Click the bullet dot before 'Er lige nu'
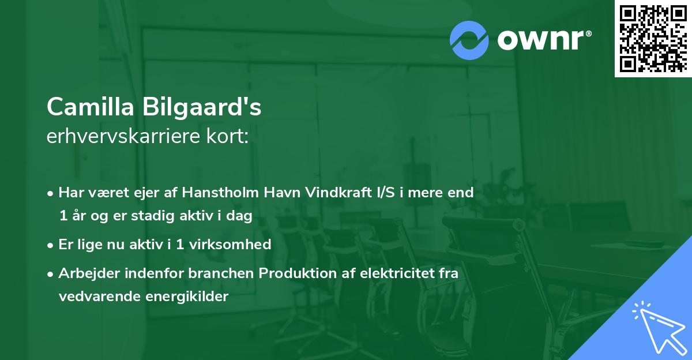[51, 245]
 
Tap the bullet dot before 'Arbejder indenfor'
[51, 274]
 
